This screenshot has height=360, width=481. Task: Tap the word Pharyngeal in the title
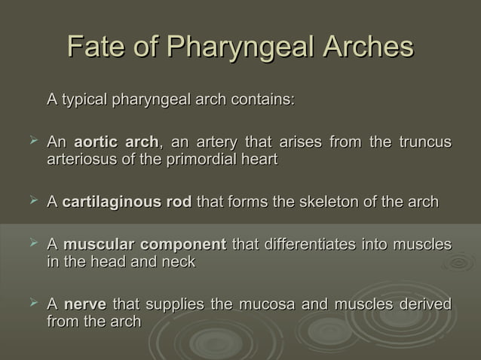pyautogui.click(x=240, y=47)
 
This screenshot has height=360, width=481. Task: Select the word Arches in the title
pyautogui.click(x=369, y=47)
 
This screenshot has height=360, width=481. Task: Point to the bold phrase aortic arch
pyautogui.click(x=116, y=142)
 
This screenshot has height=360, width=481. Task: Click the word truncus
pyautogui.click(x=424, y=142)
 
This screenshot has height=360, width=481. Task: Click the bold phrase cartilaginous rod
pyautogui.click(x=127, y=202)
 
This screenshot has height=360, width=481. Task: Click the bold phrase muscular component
pyautogui.click(x=145, y=244)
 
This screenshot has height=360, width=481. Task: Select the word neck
pyautogui.click(x=180, y=261)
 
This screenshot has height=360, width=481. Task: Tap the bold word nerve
pyautogui.click(x=85, y=304)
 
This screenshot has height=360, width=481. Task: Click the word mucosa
pyautogui.click(x=267, y=304)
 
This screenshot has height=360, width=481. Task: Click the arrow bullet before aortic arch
pyautogui.click(x=32, y=140)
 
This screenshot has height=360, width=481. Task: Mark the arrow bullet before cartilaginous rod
pyautogui.click(x=32, y=200)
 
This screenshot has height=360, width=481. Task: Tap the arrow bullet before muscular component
pyautogui.click(x=32, y=243)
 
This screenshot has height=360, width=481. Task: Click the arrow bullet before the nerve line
pyautogui.click(x=32, y=303)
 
